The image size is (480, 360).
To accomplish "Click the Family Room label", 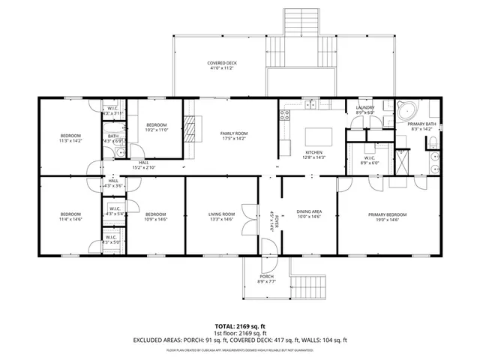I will tap(233, 133).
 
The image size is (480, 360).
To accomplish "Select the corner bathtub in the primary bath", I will tap(408, 109).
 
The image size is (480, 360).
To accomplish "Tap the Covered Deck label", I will tap(222, 63).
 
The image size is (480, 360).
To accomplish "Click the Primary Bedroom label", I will tap(387, 214).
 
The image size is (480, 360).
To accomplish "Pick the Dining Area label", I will tap(309, 212).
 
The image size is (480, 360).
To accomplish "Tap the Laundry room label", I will tap(365, 107).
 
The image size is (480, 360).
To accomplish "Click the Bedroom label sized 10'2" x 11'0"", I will tap(156, 124).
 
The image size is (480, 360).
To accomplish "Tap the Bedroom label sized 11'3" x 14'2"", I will tap(70, 136).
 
